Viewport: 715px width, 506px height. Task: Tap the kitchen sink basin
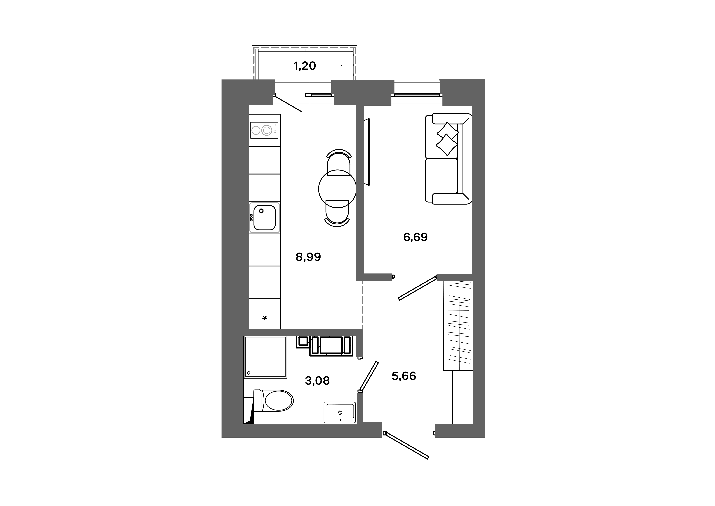click(x=264, y=218)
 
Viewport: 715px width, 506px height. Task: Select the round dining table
click(x=337, y=189)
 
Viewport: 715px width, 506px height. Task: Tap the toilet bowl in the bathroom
click(x=274, y=401)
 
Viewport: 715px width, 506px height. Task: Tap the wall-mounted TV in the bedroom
click(x=368, y=152)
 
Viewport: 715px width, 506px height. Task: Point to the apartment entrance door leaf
click(x=406, y=446)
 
